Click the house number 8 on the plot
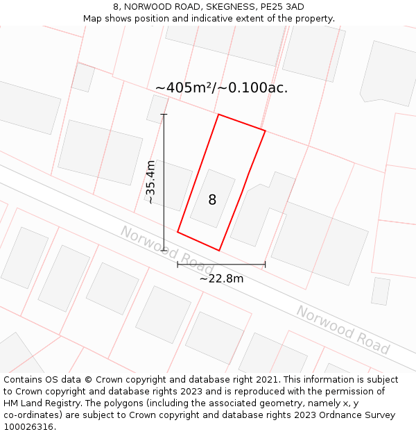(212, 200)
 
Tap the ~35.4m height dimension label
(150, 182)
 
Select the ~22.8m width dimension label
(221, 278)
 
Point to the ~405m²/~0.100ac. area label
(221, 88)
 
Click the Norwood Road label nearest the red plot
(167, 250)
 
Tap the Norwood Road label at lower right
(343, 329)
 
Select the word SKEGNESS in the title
(229, 6)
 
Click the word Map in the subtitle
(92, 19)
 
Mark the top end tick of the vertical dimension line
(164, 114)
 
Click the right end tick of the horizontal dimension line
(265, 264)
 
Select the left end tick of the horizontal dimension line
(177, 264)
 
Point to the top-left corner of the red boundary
(218, 115)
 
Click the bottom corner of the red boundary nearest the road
(219, 250)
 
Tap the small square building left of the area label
(83, 77)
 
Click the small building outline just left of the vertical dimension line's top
(157, 109)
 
